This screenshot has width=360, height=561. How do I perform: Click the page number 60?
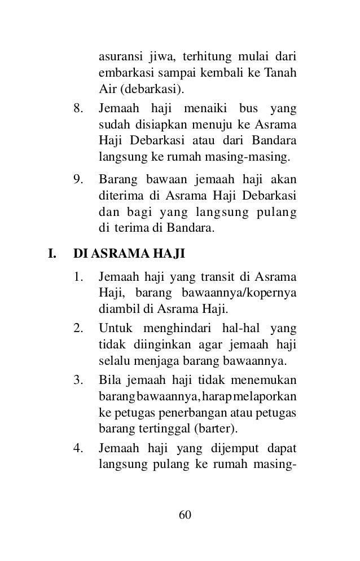tap(185, 515)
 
